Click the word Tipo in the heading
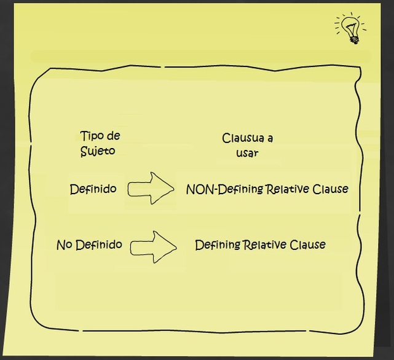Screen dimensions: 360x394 (90, 136)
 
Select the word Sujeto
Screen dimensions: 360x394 (97, 151)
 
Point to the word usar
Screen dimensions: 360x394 (247, 153)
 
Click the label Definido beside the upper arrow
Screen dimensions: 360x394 (93, 189)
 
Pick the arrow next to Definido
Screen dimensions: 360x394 (151, 189)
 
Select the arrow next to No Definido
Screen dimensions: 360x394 (153, 247)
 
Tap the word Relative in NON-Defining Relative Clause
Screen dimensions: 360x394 (288, 189)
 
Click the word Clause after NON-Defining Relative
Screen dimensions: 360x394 (330, 189)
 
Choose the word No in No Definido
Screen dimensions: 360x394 (65, 245)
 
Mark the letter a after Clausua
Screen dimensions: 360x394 (269, 138)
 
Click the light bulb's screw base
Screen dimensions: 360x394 (354, 38)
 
